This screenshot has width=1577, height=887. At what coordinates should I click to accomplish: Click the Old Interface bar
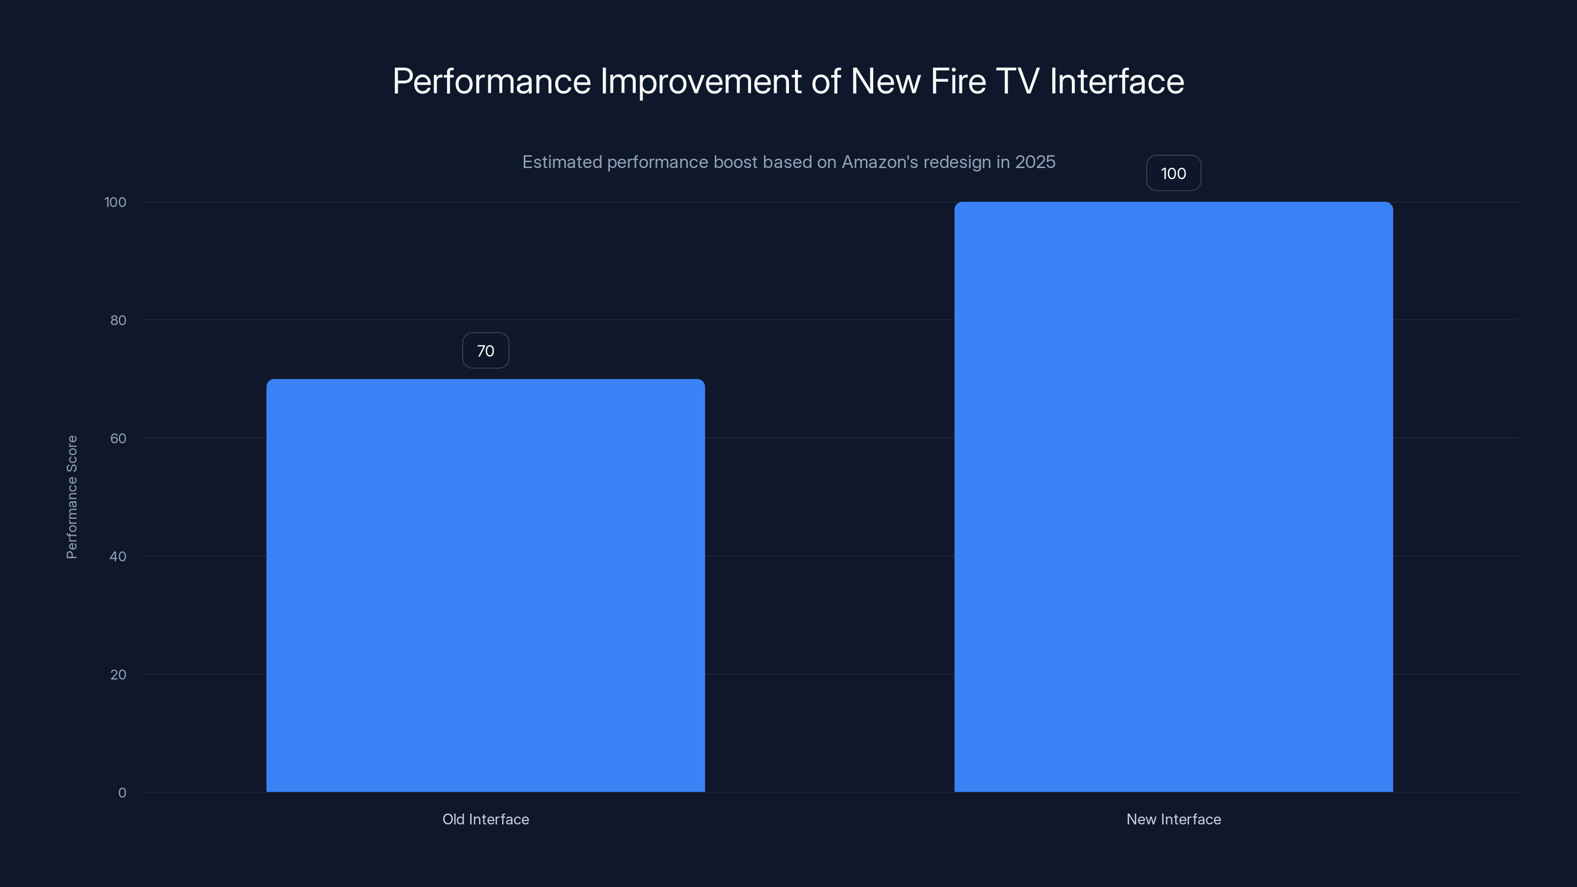pyautogui.click(x=485, y=585)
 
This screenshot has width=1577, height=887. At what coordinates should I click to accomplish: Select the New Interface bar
pyautogui.click(x=1173, y=496)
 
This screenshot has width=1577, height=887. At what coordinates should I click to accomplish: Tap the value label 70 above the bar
pyautogui.click(x=485, y=351)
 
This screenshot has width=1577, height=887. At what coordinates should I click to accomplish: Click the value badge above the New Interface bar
pyautogui.click(x=1173, y=173)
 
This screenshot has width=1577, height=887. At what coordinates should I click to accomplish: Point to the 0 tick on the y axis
pyautogui.click(x=122, y=793)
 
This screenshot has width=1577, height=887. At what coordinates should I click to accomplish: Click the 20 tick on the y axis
pyautogui.click(x=118, y=675)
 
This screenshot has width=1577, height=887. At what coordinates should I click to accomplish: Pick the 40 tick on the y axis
pyautogui.click(x=118, y=556)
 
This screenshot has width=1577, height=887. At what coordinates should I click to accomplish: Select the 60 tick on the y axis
pyautogui.click(x=118, y=438)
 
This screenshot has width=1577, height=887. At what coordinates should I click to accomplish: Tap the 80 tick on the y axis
pyautogui.click(x=118, y=320)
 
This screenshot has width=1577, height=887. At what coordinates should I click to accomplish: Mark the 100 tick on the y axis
pyautogui.click(x=115, y=202)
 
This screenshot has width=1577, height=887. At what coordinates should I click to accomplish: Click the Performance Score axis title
pyautogui.click(x=71, y=497)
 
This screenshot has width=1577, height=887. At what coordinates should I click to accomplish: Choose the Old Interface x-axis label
pyautogui.click(x=485, y=819)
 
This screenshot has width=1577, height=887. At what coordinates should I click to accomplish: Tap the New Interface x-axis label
pyautogui.click(x=1173, y=819)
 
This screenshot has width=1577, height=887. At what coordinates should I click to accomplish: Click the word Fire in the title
pyautogui.click(x=958, y=81)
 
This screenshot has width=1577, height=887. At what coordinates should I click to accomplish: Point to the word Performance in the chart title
pyautogui.click(x=492, y=81)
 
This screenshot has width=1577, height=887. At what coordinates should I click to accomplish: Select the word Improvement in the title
pyautogui.click(x=701, y=81)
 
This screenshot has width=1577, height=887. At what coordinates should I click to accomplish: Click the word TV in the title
pyautogui.click(x=1018, y=81)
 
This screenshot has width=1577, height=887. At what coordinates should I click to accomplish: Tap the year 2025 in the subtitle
pyautogui.click(x=1035, y=162)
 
